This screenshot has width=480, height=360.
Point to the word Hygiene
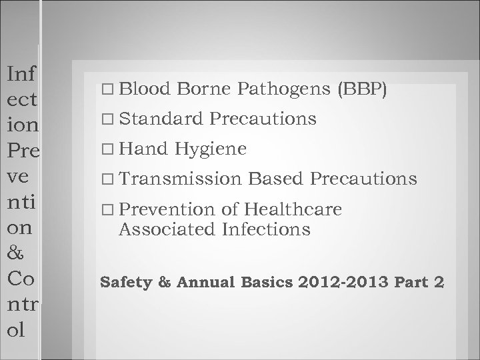[211, 149]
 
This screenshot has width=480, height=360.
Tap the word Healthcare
[293, 209]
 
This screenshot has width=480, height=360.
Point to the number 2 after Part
[438, 282]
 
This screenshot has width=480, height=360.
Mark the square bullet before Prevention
[109, 210]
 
